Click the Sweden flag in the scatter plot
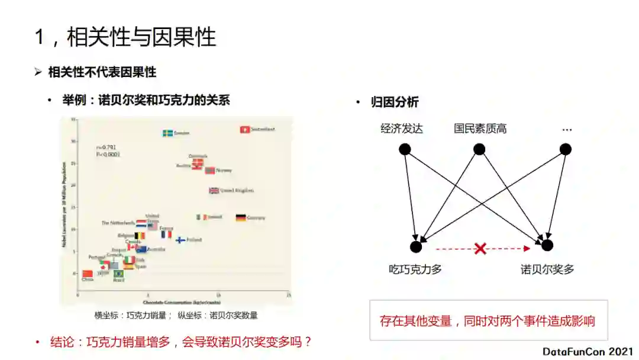[x=167, y=133]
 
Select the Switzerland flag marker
[x=244, y=129]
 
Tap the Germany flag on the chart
[x=240, y=218]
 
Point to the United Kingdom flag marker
[x=214, y=191]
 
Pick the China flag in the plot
[x=88, y=274]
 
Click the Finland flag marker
[x=181, y=240]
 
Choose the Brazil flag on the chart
[x=119, y=274]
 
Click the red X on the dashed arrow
[x=480, y=249]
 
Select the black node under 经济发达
[x=405, y=149]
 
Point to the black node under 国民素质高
[x=479, y=149]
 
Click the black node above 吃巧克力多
[x=416, y=246]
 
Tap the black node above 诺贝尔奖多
[x=547, y=245]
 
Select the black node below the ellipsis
[x=566, y=149]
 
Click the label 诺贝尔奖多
[x=547, y=269]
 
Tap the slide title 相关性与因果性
[x=142, y=38]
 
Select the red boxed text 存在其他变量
[x=488, y=322]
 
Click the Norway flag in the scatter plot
[x=209, y=171]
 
